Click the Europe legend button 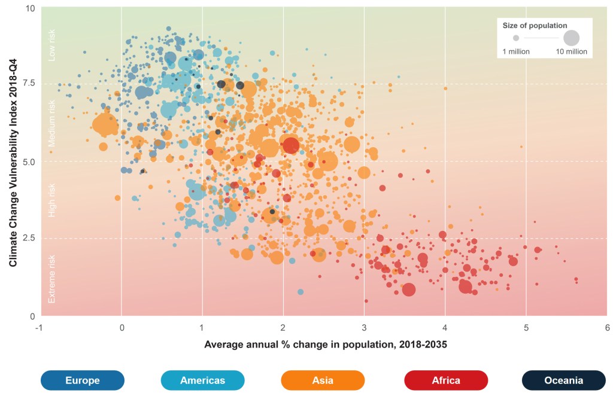click(83, 380)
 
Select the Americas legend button click(203, 380)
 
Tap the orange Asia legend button click(323, 380)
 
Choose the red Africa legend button click(446, 380)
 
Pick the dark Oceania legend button click(564, 380)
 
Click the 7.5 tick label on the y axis click(28, 84)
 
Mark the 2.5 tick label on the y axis click(28, 238)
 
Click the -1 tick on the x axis click(40, 328)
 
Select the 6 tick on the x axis click(607, 328)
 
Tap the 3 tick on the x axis click(364, 328)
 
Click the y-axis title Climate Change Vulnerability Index click(13, 162)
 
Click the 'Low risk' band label click(52, 45)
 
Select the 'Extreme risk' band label click(52, 278)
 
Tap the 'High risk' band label click(52, 200)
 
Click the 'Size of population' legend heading click(535, 25)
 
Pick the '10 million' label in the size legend click(572, 52)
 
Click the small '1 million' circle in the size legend click(516, 38)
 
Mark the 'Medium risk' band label click(52, 123)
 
